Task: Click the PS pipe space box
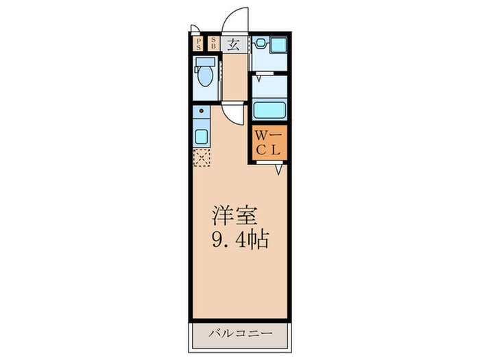(x=199, y=45)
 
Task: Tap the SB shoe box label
(x=213, y=45)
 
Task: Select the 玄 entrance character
(x=233, y=45)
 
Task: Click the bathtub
(x=269, y=110)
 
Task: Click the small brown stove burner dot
(x=201, y=110)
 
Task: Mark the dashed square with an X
(x=201, y=158)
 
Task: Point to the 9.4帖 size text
(x=239, y=240)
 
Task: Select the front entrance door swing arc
(x=237, y=17)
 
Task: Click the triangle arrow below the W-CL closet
(x=280, y=169)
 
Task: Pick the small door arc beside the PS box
(x=195, y=29)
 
